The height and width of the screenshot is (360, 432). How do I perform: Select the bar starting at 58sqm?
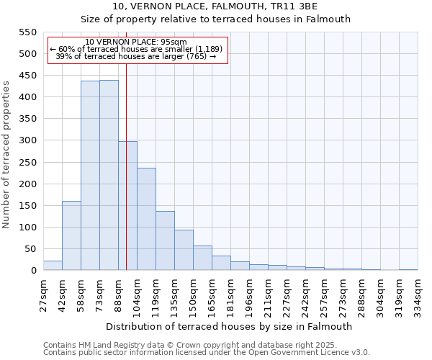tap(90, 176)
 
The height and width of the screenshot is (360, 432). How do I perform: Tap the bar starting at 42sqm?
tap(71, 235)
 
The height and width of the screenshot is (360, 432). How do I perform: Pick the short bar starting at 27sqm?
tap(53, 266)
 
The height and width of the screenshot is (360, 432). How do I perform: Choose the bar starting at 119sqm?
tap(165, 240)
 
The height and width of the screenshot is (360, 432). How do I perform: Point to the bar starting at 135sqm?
tap(184, 250)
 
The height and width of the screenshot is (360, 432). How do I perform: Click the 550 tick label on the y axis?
tap(27, 32)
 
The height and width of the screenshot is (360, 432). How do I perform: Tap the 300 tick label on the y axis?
tap(27, 140)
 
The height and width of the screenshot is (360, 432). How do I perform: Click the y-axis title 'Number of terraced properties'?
tap(6, 155)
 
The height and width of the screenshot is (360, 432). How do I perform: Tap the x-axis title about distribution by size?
tap(230, 326)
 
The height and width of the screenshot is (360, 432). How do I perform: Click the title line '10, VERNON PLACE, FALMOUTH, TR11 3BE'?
tap(215, 6)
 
